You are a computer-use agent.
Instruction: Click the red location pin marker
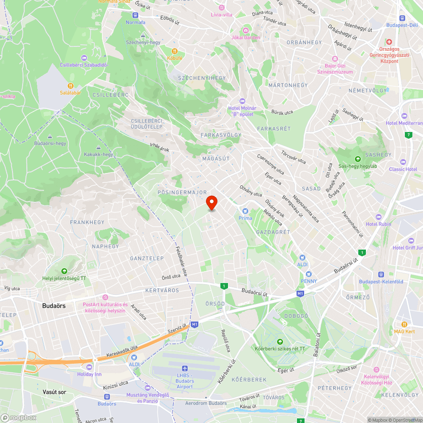click(211, 202)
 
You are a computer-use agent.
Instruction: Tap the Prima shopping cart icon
click(245, 211)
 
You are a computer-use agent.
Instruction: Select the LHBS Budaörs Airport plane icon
click(184, 368)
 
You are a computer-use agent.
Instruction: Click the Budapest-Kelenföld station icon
click(381, 274)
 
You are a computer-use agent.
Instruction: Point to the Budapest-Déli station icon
click(402, 18)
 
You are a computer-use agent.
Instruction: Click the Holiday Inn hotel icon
click(89, 367)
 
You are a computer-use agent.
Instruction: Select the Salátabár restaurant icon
click(70, 85)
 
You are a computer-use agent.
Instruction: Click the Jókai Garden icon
click(245, 30)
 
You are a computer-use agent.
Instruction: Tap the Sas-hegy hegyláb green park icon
click(358, 159)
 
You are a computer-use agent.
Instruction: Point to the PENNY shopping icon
click(309, 274)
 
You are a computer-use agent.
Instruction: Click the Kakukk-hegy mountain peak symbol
click(99, 148)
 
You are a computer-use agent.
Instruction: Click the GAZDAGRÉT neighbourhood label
click(273, 232)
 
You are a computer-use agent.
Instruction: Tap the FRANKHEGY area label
click(87, 222)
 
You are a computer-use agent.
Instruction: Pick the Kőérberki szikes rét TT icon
click(279, 341)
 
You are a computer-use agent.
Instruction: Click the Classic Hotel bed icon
click(403, 162)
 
